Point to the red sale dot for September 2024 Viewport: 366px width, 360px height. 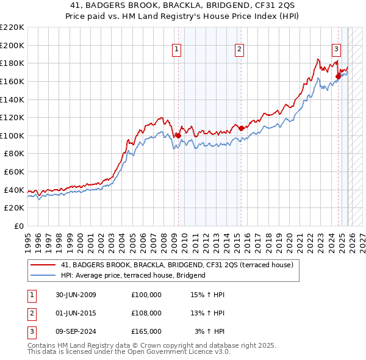coord(339,76)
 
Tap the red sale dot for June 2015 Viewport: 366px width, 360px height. coord(241,128)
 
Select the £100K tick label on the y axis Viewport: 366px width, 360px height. coord(12,135)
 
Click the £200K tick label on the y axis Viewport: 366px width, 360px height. coord(12,45)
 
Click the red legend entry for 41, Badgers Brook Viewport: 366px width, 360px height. coord(177,265)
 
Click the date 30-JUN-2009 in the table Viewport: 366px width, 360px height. coord(74,295)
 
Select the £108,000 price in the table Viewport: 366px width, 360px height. coord(146,313)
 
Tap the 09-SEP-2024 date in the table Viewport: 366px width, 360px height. coord(74,331)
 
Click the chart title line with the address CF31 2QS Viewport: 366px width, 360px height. coord(183,5)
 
